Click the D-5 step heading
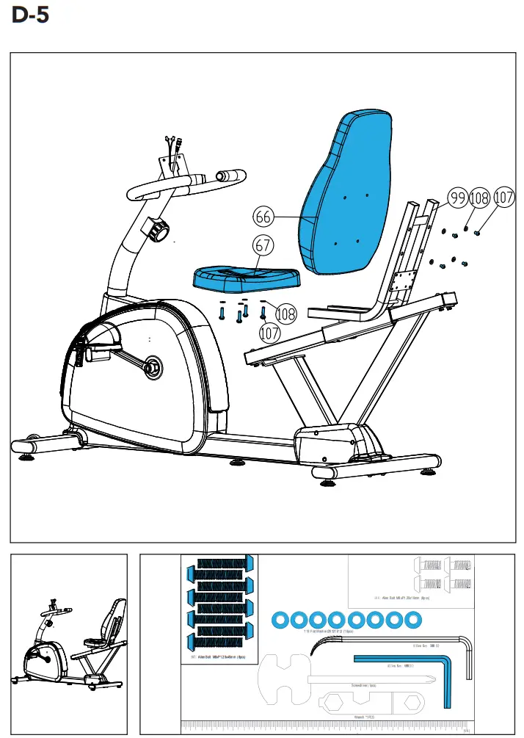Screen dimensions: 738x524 click(31, 15)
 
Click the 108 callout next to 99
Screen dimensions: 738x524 click(480, 198)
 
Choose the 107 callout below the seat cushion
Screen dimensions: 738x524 click(271, 333)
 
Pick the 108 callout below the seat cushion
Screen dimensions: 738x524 click(285, 314)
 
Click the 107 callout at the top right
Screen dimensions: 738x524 click(503, 198)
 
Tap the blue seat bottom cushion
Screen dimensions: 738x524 click(247, 277)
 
